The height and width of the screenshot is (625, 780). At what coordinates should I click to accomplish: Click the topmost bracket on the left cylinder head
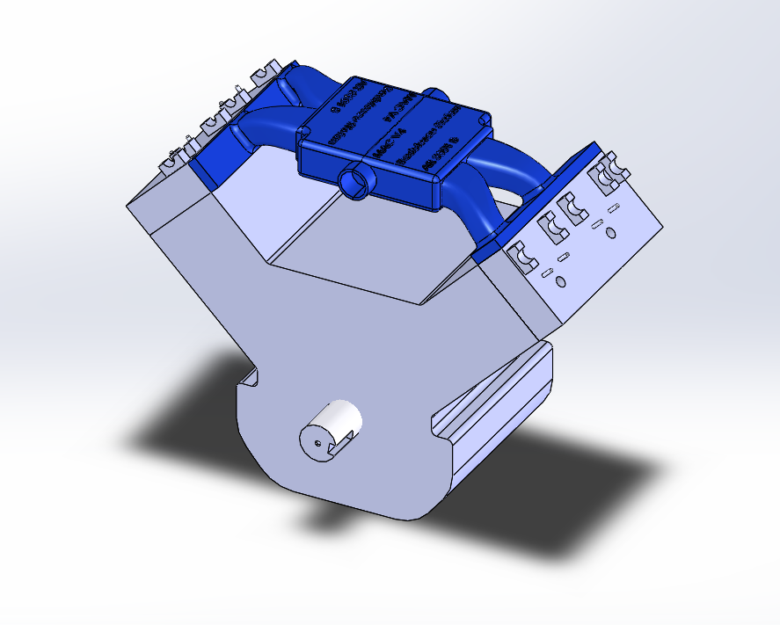coord(265,73)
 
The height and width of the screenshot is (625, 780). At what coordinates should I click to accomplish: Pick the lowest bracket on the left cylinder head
coord(173,159)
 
